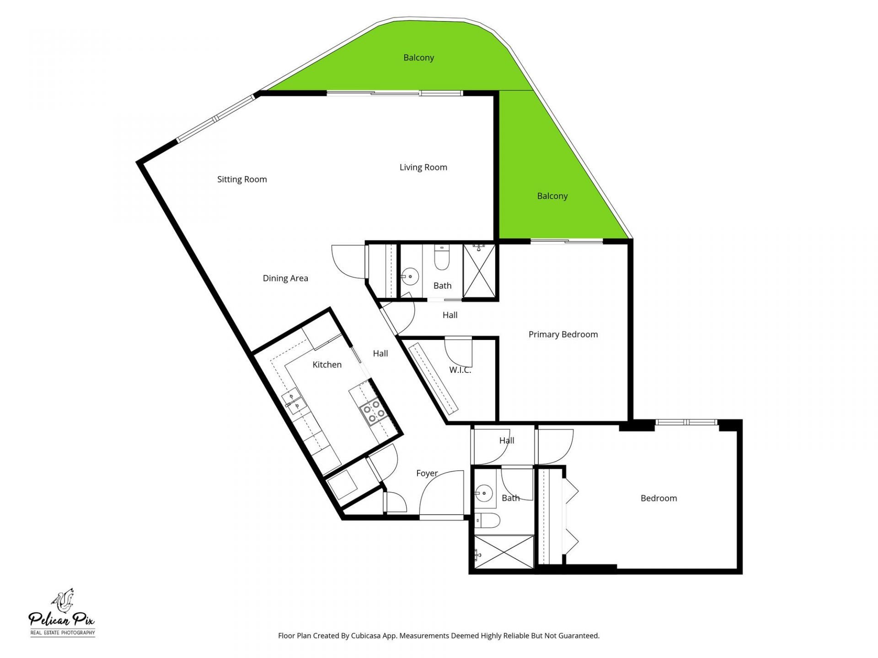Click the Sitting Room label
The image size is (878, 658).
click(x=242, y=180)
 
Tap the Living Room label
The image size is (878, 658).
click(x=423, y=167)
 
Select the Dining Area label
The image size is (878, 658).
click(x=285, y=278)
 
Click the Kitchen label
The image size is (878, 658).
click(x=327, y=365)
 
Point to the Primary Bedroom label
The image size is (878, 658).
click(x=563, y=334)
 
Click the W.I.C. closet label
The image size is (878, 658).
click(x=460, y=370)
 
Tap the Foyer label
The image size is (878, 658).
click(x=427, y=473)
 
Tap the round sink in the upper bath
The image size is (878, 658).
click(x=410, y=276)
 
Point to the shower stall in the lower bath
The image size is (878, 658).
click(x=503, y=552)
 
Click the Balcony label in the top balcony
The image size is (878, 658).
click(x=418, y=58)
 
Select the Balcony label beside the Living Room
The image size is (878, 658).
click(x=552, y=196)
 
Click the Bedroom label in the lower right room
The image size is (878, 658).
click(x=658, y=499)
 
